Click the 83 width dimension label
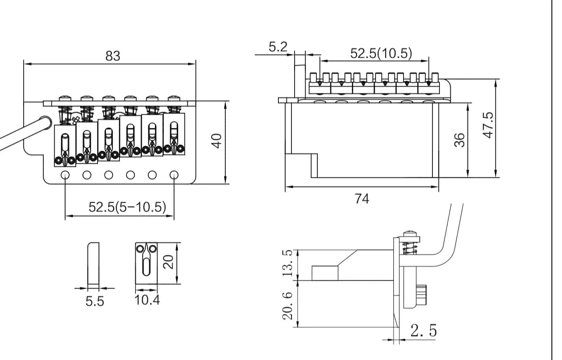pyautogui.click(x=112, y=56)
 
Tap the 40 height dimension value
pyautogui.click(x=217, y=141)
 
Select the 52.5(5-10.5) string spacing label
pyautogui.click(x=127, y=207)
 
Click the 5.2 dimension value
pyautogui.click(x=278, y=47)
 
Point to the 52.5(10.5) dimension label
pyautogui.click(x=381, y=53)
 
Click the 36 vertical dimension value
pyautogui.click(x=459, y=140)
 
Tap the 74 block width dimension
pyautogui.click(x=362, y=199)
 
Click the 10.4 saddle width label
pyautogui.click(x=148, y=300)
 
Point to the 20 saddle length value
pyautogui.click(x=169, y=262)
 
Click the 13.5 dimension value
pyautogui.click(x=288, y=263)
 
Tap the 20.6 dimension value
pyautogui.click(x=288, y=306)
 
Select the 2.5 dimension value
pyautogui.click(x=423, y=331)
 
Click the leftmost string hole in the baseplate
pyautogui.click(x=65, y=175)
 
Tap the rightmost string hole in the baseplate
pyautogui.click(x=174, y=175)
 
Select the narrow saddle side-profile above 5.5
pyautogui.click(x=93, y=263)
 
